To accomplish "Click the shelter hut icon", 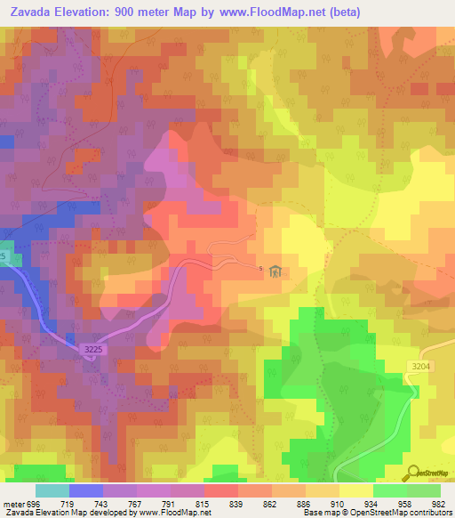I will tap(275, 271).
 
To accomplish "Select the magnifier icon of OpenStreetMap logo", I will tap(412, 473).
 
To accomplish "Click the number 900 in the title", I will tap(148, 12).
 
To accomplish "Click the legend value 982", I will tap(436, 503).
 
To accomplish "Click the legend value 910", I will tap(337, 503).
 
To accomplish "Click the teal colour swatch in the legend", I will tap(52, 490).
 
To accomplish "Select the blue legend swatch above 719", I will tap(86, 490).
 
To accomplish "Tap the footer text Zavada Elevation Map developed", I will tap(71, 513).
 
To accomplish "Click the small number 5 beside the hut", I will tap(261, 268).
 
